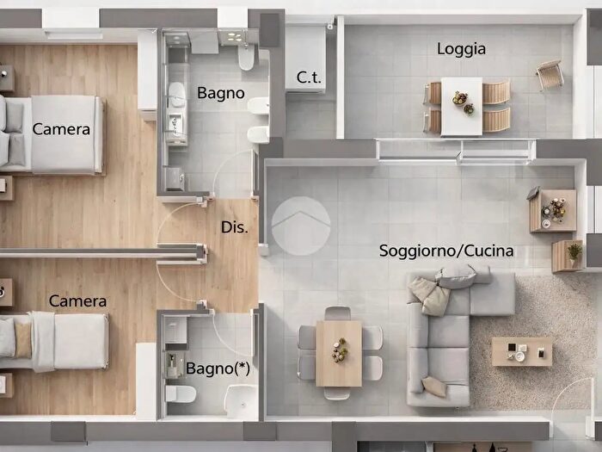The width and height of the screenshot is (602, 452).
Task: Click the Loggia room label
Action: (x=461, y=49)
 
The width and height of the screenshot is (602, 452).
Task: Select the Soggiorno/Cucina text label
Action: (x=446, y=251)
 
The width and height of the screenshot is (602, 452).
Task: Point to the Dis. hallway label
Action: (x=235, y=228)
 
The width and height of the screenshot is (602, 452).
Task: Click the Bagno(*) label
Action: (x=214, y=368)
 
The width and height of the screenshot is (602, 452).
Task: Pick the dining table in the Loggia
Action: (x=462, y=106)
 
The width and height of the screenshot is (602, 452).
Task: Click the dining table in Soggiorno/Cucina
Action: (x=341, y=353)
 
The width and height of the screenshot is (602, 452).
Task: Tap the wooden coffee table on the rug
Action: (x=521, y=351)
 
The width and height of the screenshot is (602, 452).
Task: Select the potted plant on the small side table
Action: (x=574, y=251)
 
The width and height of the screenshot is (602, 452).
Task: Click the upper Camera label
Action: (x=61, y=129)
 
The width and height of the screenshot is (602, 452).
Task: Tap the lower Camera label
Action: (x=77, y=301)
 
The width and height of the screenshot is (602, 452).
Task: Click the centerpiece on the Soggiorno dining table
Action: (x=341, y=349)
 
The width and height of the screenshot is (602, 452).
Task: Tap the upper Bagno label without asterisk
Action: (x=221, y=93)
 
